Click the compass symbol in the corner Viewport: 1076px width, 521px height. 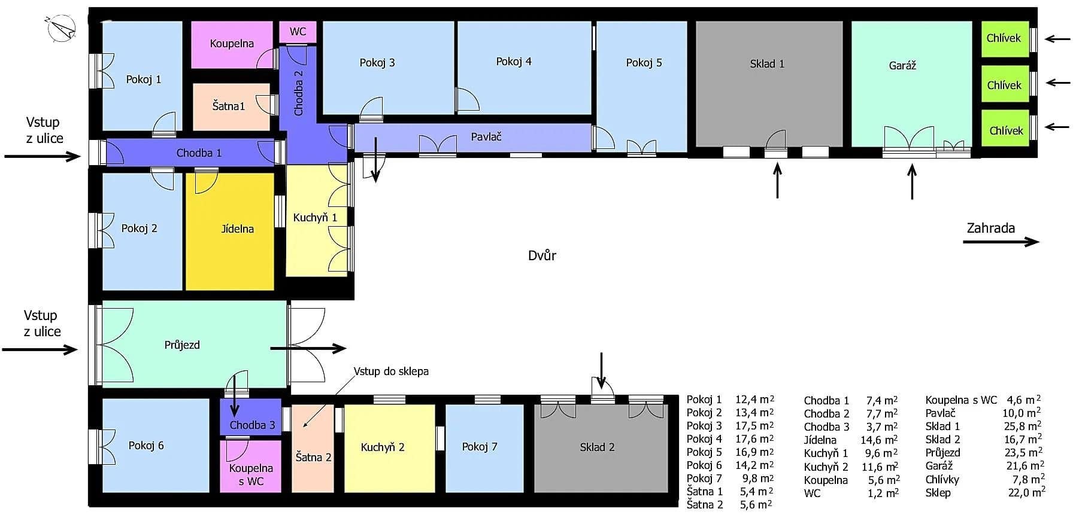point(60,29)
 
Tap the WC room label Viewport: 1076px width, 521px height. point(298,32)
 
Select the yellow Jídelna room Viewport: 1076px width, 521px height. point(230,231)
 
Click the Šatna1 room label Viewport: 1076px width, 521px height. point(229,106)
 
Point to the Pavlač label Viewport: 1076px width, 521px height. point(486,137)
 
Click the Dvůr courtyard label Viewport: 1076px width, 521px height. point(542,256)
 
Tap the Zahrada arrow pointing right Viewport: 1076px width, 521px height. point(1001,242)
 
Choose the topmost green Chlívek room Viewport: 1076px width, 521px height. point(1004,39)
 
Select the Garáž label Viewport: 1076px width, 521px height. point(902,66)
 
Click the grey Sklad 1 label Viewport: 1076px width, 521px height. point(766,64)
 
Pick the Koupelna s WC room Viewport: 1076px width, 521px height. point(251,466)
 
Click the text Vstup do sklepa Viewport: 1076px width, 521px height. point(391,371)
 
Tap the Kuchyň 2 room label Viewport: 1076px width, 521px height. point(382,447)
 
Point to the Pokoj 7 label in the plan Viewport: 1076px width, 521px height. point(479,447)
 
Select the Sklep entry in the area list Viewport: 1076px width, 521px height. point(938,493)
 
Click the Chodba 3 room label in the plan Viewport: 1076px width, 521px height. point(252,425)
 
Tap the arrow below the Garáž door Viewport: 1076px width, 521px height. point(912,182)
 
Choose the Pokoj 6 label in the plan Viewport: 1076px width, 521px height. point(146,446)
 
